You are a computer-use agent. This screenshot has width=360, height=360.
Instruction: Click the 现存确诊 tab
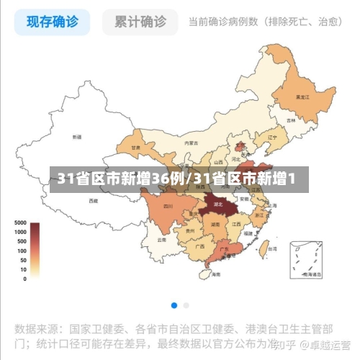click(53, 22)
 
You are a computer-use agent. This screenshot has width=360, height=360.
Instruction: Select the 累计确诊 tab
click(140, 22)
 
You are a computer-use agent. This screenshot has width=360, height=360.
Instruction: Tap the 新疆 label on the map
click(77, 136)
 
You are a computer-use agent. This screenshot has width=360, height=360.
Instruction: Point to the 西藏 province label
click(93, 201)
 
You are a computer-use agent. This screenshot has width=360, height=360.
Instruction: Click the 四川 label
click(168, 206)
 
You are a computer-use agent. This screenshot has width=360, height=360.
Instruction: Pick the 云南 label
click(162, 240)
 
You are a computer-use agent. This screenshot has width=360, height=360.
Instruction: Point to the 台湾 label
click(272, 248)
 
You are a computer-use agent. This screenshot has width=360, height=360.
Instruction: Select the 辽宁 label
click(272, 137)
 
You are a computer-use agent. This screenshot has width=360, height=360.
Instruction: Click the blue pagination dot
click(174, 305)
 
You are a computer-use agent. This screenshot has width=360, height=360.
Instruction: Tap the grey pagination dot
click(186, 305)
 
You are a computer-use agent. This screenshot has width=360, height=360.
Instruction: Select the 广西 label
click(199, 246)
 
